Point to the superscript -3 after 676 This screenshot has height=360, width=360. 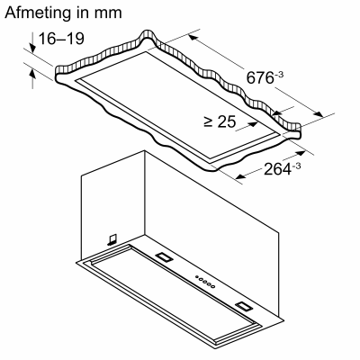tap(279, 73)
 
